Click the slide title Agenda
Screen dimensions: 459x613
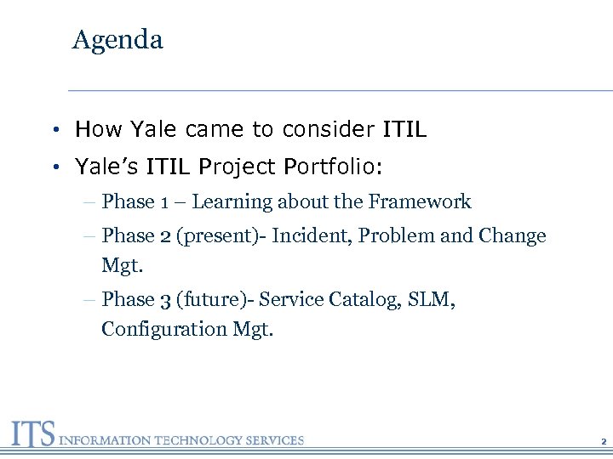tap(117, 40)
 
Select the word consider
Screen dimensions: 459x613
tap(324, 129)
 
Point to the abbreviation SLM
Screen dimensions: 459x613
tap(430, 300)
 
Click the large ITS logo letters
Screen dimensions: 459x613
tap(32, 434)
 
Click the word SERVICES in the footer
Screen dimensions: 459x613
tap(272, 440)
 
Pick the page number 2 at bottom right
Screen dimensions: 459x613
tap(602, 442)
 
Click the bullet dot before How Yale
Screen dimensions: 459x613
tap(54, 130)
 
